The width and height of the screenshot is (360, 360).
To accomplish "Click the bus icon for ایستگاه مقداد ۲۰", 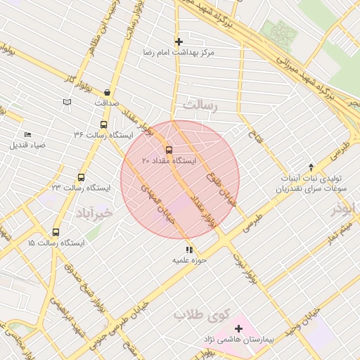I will [168, 150].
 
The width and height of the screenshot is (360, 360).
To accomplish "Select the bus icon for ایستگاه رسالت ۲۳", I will [81, 178].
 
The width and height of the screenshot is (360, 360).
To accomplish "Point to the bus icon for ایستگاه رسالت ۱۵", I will [56, 232].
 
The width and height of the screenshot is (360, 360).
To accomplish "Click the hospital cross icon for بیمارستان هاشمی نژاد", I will [238, 328].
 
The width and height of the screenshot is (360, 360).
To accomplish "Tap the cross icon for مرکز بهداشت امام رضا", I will [179, 41].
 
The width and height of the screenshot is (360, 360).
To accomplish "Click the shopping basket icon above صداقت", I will [106, 92].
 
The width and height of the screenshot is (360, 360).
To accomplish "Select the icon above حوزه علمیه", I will [188, 249].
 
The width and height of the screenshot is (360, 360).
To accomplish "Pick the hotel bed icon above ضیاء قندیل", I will [27, 134].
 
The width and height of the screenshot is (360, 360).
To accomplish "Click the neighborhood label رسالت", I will [202, 104].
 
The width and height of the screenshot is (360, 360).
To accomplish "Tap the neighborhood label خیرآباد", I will [93, 212].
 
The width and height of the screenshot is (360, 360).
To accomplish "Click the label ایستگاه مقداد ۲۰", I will [169, 161].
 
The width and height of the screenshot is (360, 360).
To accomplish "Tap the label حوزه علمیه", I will [188, 260].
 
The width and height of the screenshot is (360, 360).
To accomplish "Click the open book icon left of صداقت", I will [67, 103].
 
